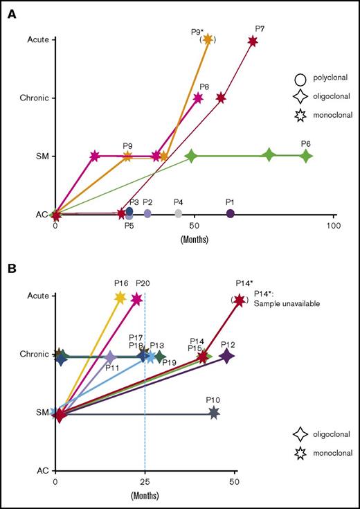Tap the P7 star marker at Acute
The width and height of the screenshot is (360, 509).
coord(253,42)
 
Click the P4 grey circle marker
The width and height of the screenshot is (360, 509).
coord(179,213)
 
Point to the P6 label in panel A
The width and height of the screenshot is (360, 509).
coord(305,143)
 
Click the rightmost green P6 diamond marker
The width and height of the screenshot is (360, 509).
coord(305,157)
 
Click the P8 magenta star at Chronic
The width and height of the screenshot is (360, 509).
coord(198,98)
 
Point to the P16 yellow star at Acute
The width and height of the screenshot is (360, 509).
coord(120,298)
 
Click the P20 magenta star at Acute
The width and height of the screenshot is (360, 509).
coord(136,298)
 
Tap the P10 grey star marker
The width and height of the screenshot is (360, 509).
coord(214,413)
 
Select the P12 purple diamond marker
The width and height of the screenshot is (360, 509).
coord(226,356)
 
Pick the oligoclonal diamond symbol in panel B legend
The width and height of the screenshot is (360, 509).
coord(300,434)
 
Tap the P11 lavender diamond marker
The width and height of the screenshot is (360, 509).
coord(109,357)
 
